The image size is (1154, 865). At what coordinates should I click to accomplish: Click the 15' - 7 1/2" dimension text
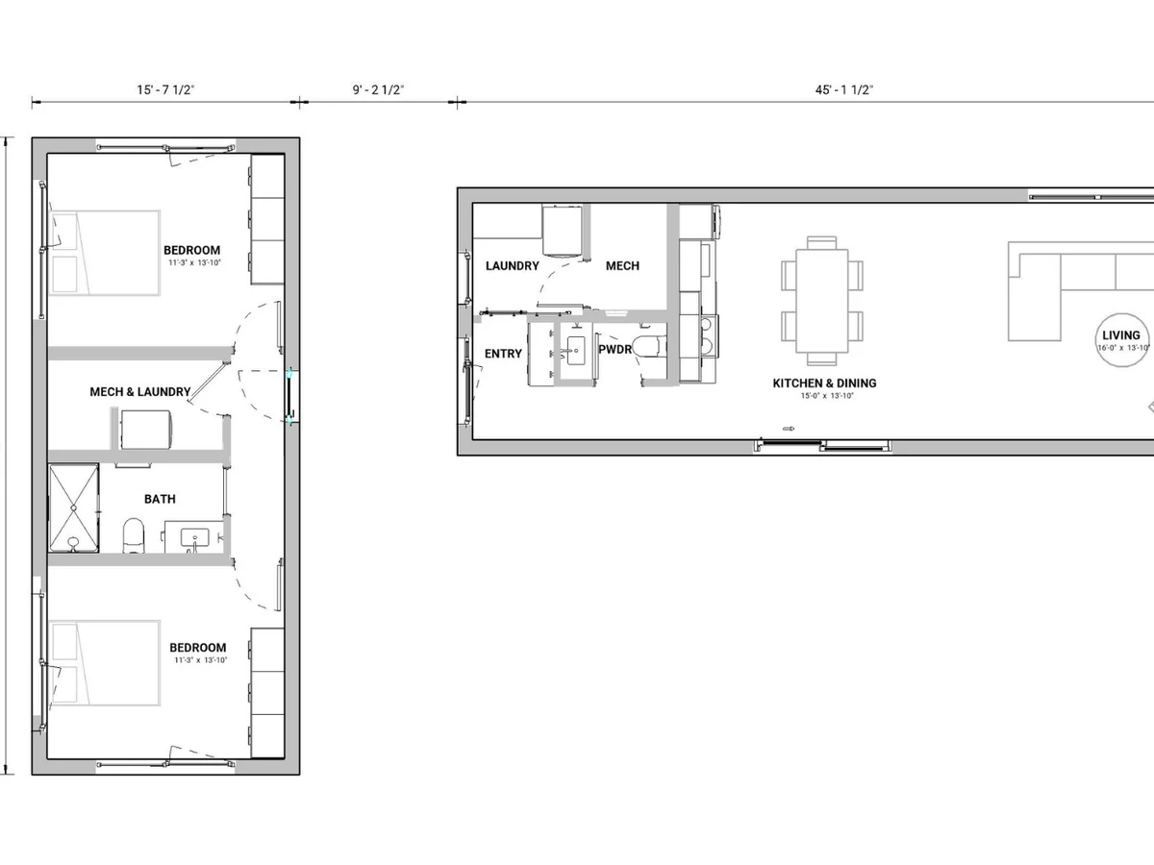click(x=165, y=89)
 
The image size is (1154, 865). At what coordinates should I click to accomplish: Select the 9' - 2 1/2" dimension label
click(x=378, y=89)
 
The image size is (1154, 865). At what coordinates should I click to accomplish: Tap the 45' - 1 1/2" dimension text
click(x=843, y=89)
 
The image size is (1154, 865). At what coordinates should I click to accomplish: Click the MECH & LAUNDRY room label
click(x=139, y=392)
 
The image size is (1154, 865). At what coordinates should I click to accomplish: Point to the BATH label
click(x=160, y=499)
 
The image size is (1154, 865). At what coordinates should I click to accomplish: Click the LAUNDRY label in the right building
click(x=512, y=266)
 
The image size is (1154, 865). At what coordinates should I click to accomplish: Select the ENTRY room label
click(x=503, y=354)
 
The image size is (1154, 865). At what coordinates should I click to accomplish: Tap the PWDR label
click(x=615, y=349)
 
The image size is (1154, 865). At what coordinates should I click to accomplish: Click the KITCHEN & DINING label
click(x=824, y=383)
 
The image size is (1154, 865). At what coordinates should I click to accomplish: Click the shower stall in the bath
click(x=74, y=507)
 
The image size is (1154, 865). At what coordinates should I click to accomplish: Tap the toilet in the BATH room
click(x=134, y=535)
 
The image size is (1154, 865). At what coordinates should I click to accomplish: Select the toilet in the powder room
click(x=649, y=347)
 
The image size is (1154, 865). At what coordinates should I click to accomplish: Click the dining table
click(x=821, y=301)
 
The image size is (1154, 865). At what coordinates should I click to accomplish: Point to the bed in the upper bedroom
click(x=105, y=253)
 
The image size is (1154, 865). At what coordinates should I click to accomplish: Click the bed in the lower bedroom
click(x=105, y=663)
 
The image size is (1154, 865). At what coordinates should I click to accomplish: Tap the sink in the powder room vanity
click(x=576, y=350)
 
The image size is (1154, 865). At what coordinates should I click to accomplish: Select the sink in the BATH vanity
click(x=194, y=538)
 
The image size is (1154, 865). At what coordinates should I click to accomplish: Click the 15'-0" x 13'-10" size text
click(x=827, y=396)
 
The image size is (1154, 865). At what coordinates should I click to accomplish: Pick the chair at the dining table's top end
click(x=821, y=242)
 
